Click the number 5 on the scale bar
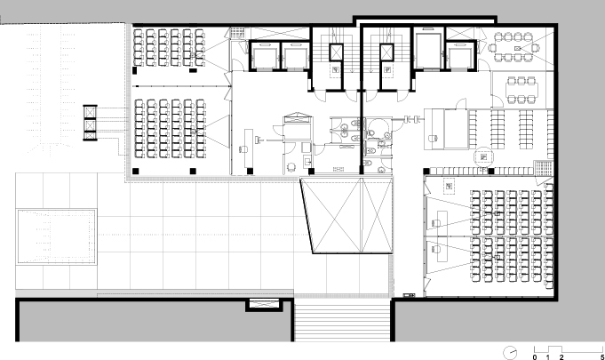[602, 357]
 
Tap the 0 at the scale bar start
[535, 357]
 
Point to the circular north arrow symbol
[510, 353]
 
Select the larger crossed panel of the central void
[332, 215]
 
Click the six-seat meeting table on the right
[521, 91]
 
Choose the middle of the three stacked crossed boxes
[90, 126]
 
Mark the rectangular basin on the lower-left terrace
[56, 236]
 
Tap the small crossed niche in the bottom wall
[264, 304]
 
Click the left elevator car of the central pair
[265, 56]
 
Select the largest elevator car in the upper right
[428, 51]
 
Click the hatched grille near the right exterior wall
[544, 168]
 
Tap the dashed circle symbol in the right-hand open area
[484, 156]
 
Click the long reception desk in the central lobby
[249, 149]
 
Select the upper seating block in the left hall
[169, 47]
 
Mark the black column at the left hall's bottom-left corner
[135, 171]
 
